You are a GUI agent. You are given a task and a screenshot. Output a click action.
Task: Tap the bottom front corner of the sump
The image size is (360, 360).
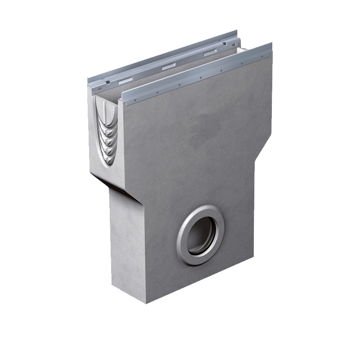pyautogui.click(x=146, y=302)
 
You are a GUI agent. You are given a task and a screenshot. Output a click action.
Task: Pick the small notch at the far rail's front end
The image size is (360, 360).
pyautogui.click(x=107, y=82)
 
